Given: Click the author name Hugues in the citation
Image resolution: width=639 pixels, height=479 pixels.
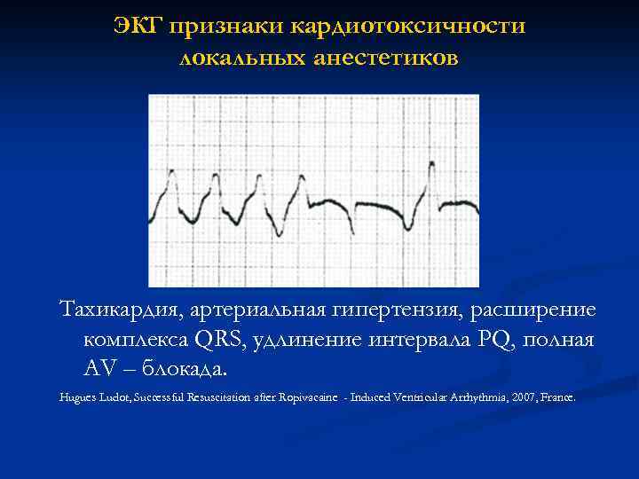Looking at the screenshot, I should pos(76,398).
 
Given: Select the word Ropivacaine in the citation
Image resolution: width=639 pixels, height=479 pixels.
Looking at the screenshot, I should pos(298,398).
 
